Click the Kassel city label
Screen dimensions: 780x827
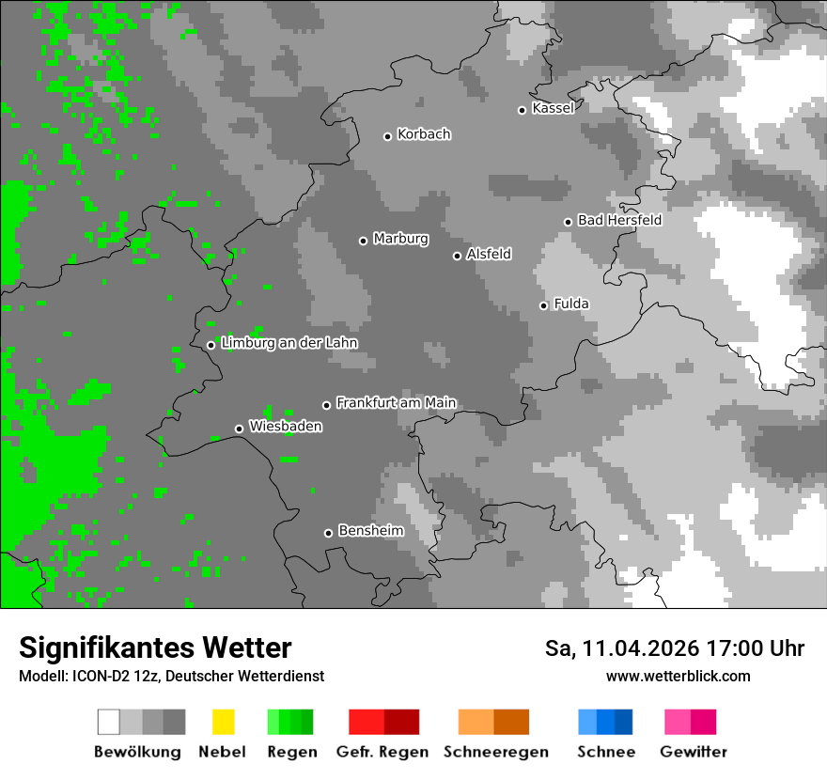coord(553,108)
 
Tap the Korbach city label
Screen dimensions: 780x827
coord(424,134)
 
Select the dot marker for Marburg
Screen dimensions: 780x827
coord(363,241)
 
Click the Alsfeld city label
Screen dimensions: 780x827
coord(489,254)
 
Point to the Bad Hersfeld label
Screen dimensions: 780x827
coord(619,220)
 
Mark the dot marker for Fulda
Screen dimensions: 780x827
coord(543,305)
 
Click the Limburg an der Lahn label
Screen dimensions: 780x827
coord(289,343)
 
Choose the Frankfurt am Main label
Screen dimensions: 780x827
coord(396,403)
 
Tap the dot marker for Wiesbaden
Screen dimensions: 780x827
coord(239,429)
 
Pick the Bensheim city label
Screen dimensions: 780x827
coord(370,531)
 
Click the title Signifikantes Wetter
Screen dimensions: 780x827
coord(155,648)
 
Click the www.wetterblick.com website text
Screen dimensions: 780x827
coord(678,676)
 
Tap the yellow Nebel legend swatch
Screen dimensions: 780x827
coord(223,722)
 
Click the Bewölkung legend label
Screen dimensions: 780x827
coord(137,752)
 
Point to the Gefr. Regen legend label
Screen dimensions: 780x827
coord(382,752)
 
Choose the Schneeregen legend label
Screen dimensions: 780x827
coord(496,752)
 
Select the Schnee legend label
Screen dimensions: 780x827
coord(606,752)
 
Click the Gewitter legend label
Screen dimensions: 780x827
coord(694,752)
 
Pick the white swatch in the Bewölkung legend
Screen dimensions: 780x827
coord(109,722)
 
